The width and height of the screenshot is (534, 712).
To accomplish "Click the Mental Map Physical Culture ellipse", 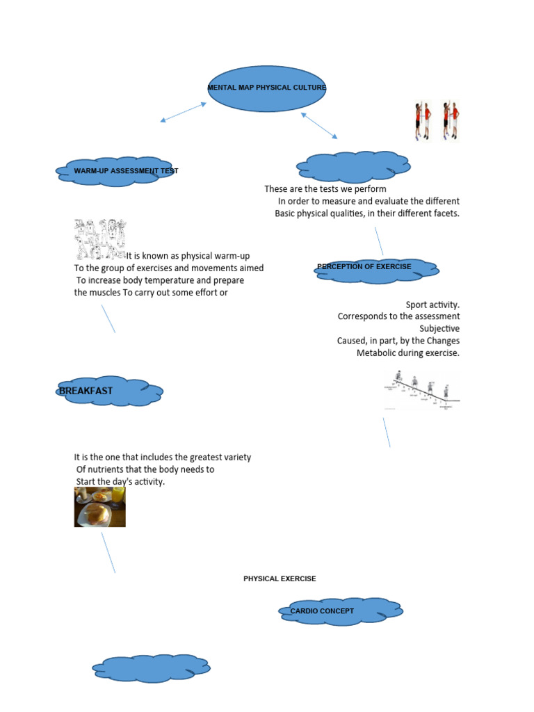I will (x=267, y=88).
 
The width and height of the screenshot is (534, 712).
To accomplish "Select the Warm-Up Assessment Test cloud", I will (x=115, y=171).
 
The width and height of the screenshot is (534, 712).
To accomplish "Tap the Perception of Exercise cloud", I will (x=376, y=270).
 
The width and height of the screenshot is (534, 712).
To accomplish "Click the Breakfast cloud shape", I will (x=111, y=392).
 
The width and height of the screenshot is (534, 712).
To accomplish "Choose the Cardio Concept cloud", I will (x=340, y=611).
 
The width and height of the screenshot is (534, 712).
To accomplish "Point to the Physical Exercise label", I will (x=280, y=578).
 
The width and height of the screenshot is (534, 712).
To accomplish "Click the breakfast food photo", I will (x=100, y=506).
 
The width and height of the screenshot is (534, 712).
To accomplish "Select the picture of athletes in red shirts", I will (x=437, y=121).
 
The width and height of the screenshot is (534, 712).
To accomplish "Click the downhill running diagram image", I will (x=423, y=391).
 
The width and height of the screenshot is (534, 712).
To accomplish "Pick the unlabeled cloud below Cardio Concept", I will (x=152, y=669).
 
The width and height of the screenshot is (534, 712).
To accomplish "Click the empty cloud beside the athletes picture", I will (x=353, y=168).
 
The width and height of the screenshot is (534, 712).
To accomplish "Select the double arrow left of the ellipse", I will (x=184, y=113).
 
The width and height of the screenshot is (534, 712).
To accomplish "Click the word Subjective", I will (x=439, y=328).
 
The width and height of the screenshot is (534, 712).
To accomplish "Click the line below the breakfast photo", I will (x=108, y=552).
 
